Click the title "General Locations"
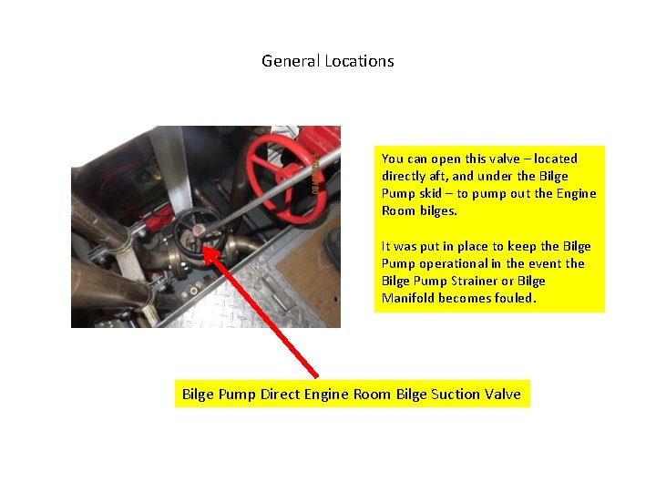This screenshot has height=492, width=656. click(328, 61)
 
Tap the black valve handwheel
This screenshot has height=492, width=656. click(199, 233)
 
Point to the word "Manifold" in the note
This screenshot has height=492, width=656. click(407, 298)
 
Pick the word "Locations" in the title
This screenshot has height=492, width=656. click(362, 61)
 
